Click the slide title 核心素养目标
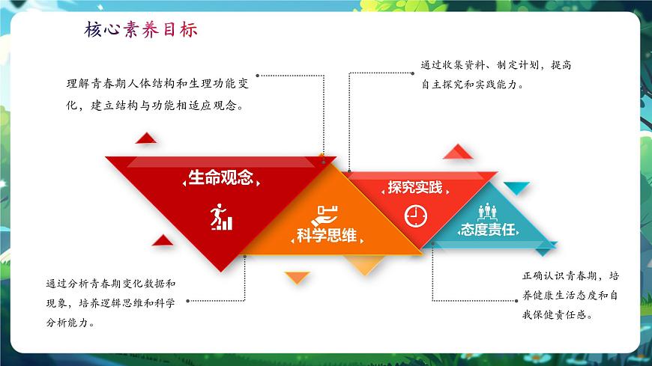coord(142,30)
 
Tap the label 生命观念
coord(220,178)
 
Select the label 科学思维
coord(326,236)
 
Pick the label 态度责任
coord(488,229)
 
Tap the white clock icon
coord(415,216)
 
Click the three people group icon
coord(488,209)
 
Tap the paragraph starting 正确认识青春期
coord(570,296)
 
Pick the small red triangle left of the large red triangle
coord(163,240)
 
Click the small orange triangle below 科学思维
coord(298,277)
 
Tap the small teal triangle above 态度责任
coord(516,186)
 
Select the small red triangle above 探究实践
coord(459,152)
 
